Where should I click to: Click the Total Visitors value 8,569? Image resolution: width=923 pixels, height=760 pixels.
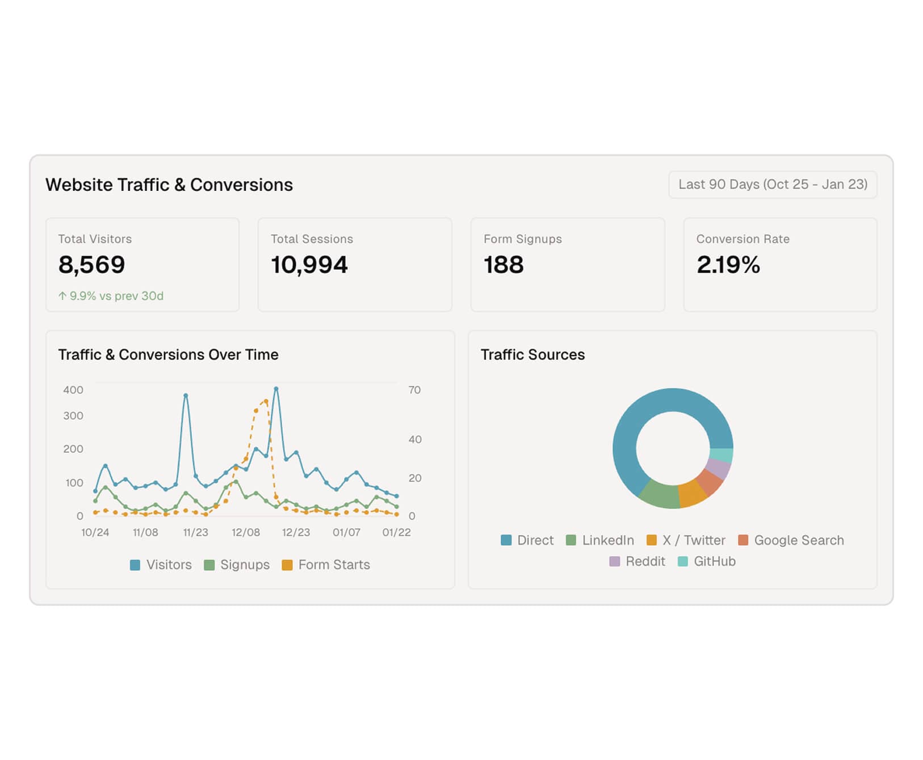91,265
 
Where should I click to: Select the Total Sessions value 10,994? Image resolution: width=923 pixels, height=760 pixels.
309,265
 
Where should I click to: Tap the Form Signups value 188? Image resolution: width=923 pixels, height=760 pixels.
504,265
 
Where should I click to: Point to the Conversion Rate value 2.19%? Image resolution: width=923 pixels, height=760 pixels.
728,265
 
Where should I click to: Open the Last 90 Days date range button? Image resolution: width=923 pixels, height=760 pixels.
773,185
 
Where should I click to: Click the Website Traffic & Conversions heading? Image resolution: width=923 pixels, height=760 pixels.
169,185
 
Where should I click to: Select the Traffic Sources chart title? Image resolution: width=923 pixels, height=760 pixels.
532,354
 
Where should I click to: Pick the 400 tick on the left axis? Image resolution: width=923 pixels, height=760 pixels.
73,390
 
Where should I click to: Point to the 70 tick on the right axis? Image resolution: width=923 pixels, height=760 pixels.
414,390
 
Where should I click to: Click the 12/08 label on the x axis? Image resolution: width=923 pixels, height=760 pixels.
246,532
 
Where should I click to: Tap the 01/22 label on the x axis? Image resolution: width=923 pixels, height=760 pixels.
396,532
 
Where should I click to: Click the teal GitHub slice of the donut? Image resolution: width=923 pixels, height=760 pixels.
721,455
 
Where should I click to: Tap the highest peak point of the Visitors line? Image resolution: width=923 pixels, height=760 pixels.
276,389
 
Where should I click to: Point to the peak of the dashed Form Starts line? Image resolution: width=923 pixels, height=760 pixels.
266,402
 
